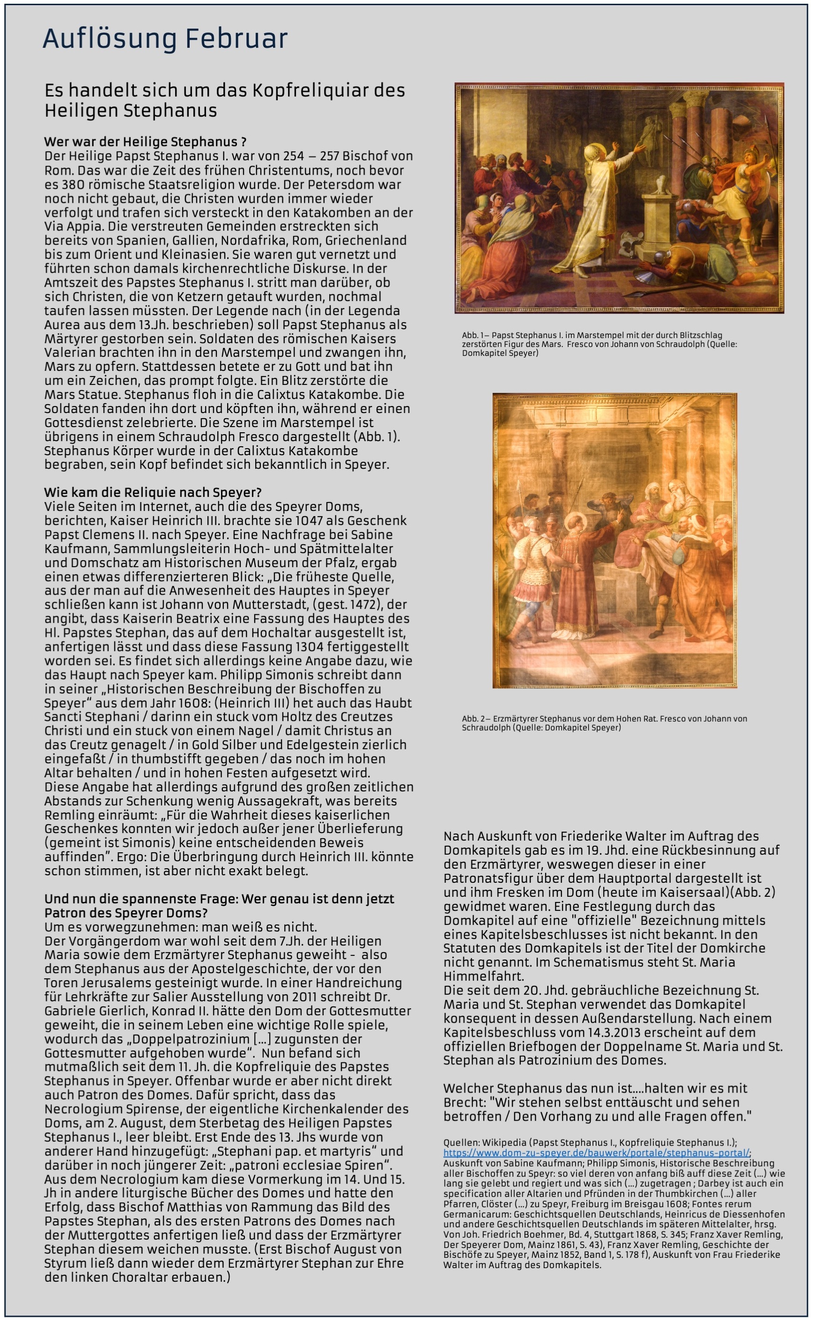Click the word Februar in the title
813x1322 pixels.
tap(236, 39)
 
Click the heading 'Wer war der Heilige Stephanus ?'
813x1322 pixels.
tap(145, 142)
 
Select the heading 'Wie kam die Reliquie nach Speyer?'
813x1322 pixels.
tap(153, 493)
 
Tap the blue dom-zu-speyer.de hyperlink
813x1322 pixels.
tap(596, 1152)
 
